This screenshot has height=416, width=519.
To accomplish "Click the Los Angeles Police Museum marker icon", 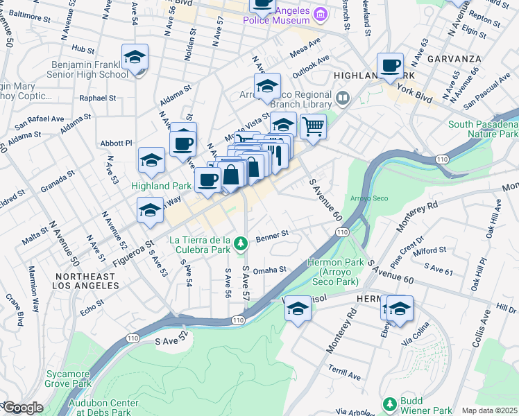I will coord(321,14).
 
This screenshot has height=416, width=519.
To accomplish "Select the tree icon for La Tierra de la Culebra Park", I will coord(240,243).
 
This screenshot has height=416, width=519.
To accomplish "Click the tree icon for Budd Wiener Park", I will coord(389,404).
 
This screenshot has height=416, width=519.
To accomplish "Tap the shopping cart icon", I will coord(313,127).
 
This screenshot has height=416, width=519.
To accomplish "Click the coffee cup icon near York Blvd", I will coord(390,66).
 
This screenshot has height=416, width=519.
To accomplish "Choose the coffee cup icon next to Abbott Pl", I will coord(183,144).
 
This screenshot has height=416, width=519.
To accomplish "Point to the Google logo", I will coord(22,408).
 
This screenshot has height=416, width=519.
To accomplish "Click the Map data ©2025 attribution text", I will coord(489,410).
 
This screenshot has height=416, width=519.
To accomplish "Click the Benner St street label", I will coord(271,237).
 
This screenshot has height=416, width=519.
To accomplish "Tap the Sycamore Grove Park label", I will coord(68,378).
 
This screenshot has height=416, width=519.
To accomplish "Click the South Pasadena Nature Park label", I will coord(483,129).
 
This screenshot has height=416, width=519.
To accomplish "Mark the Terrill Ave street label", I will coord(345,372).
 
